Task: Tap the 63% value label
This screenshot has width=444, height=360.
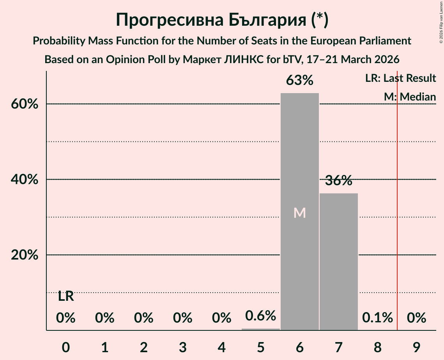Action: point(299,81)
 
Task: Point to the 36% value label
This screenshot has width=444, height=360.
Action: point(338,181)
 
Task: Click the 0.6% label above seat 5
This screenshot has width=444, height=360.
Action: point(260,316)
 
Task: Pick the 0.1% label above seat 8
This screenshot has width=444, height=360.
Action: point(377,318)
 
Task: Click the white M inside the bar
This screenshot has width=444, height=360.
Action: point(299,213)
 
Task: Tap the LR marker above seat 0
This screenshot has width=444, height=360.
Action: point(66,296)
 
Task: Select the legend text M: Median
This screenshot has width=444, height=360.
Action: point(410,97)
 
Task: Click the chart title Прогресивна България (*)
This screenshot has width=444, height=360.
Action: point(222,20)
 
